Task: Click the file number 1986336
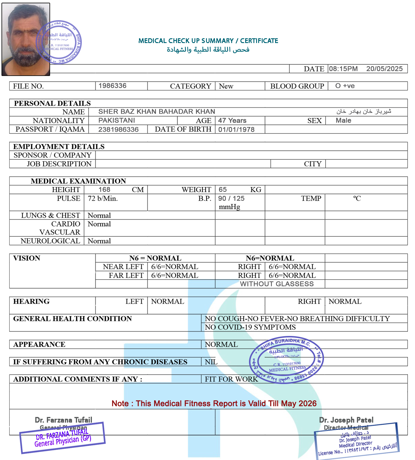click(x=112, y=86)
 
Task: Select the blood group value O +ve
click(x=345, y=86)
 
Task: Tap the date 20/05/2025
click(x=384, y=69)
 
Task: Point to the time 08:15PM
click(x=343, y=69)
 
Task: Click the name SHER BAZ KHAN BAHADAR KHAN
click(x=157, y=112)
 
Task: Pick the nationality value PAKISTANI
click(x=116, y=120)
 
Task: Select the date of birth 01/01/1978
click(x=236, y=129)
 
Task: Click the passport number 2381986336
click(x=118, y=129)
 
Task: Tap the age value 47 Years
click(x=232, y=120)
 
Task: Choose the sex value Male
click(x=343, y=120)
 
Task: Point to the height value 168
click(x=104, y=190)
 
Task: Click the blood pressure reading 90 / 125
click(x=231, y=199)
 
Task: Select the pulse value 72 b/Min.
click(x=103, y=199)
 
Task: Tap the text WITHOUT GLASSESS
click(x=277, y=284)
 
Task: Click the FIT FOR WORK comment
click(x=231, y=379)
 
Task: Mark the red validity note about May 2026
click(x=214, y=404)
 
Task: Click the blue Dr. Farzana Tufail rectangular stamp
click(x=62, y=438)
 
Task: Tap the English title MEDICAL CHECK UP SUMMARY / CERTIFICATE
click(x=208, y=41)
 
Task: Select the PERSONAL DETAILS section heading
click(x=52, y=103)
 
